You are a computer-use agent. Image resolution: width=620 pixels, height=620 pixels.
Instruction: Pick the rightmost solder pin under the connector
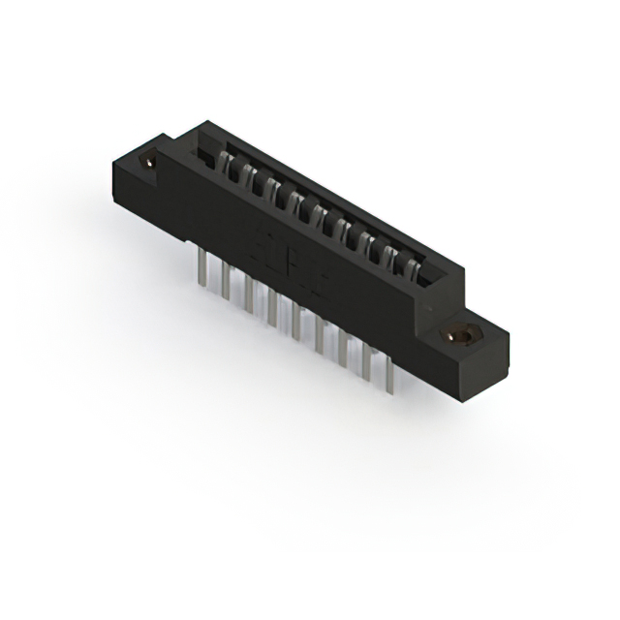coord(388,375)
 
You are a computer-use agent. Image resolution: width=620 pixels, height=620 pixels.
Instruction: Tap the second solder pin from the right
coord(365,362)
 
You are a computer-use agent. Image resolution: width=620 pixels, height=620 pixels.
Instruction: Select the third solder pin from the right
coord(342,349)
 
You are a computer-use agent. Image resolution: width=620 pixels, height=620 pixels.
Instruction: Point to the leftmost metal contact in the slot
coord(233,167)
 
